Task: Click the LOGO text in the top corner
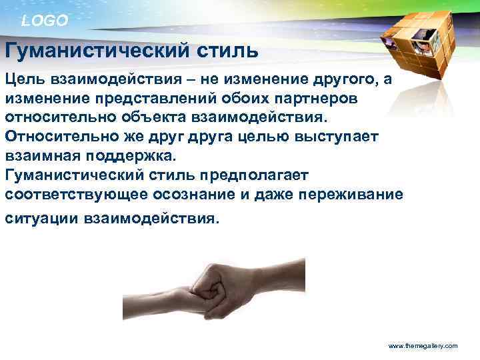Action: (45, 21)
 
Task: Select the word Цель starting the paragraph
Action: (25, 79)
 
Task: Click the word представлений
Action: (140, 98)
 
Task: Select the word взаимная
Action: (43, 154)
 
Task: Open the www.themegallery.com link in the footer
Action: (423, 346)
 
